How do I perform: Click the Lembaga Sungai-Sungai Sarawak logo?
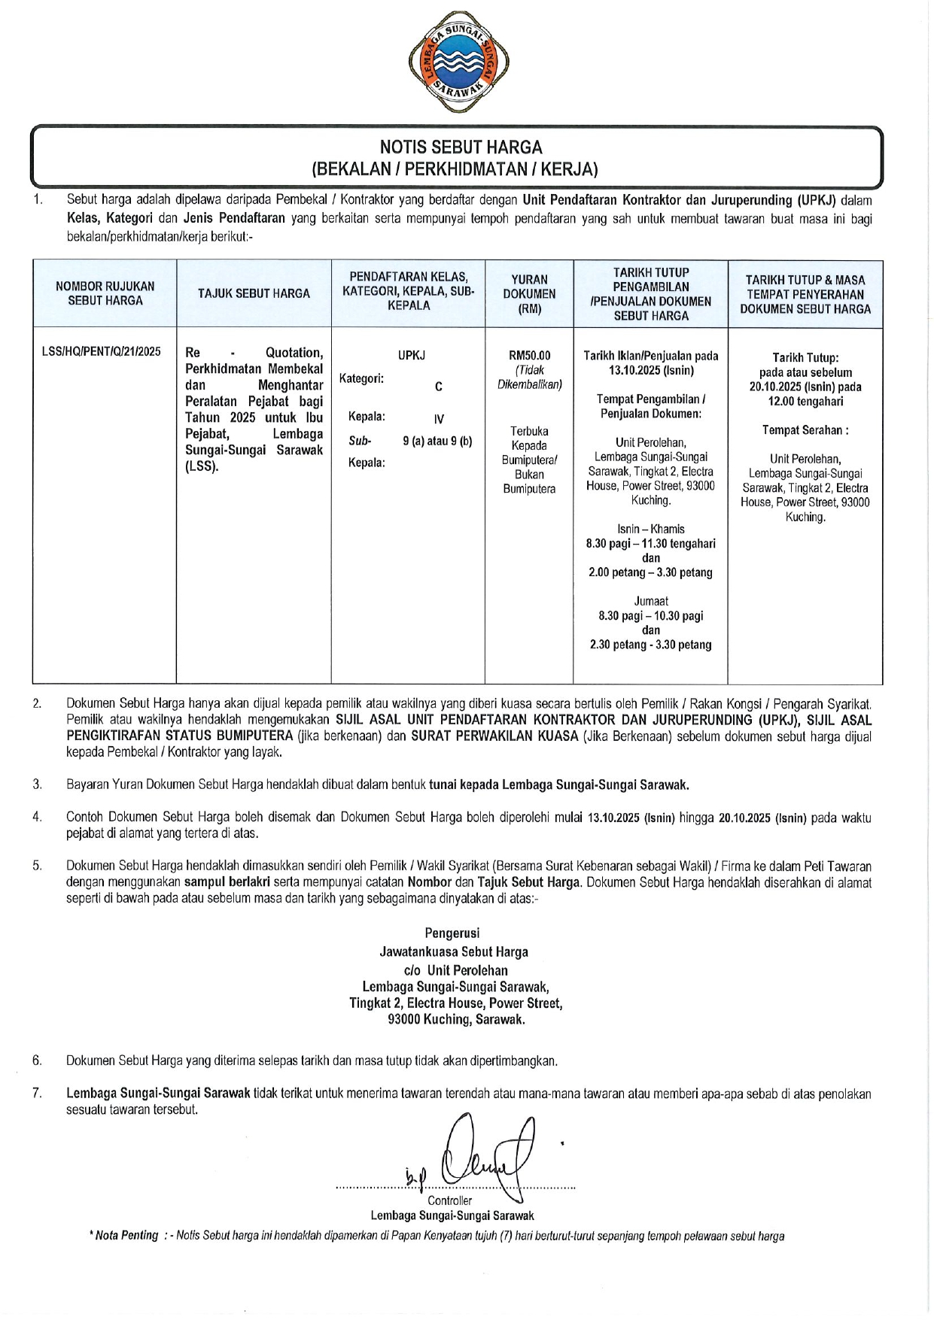pos(458,62)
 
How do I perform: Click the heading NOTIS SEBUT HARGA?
pos(461,147)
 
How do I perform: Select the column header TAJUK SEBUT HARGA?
pos(254,293)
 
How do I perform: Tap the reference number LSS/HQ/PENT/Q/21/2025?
pos(102,351)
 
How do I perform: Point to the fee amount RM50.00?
pos(529,356)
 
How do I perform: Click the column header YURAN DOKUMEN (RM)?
pos(529,293)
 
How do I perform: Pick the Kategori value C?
pos(438,387)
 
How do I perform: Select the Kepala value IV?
pos(439,420)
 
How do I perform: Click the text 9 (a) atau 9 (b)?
pos(437,441)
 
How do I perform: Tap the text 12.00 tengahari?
pos(805,402)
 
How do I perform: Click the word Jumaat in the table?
pos(651,601)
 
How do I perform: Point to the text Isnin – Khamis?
pos(651,529)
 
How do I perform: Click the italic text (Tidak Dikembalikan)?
pos(529,378)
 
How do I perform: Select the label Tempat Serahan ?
pos(805,430)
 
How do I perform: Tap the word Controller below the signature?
pos(449,1200)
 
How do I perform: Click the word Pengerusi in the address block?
pos(452,933)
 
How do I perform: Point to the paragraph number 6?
pos(37,1061)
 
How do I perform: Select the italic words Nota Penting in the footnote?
pos(126,1236)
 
